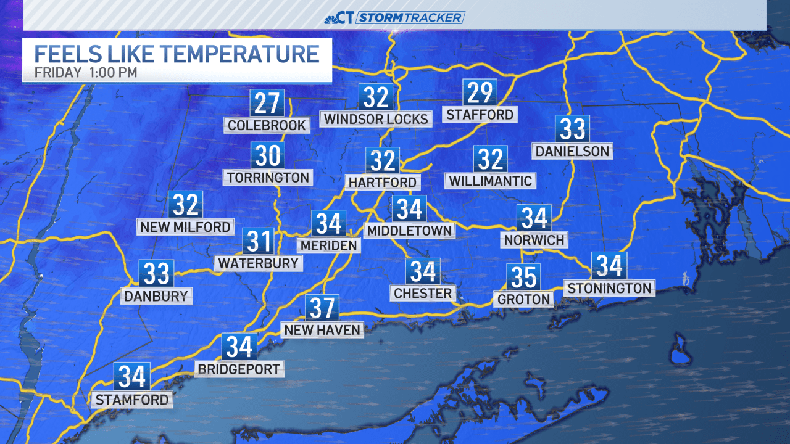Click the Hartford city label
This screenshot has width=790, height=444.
click(383, 183)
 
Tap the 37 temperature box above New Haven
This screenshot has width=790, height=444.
click(322, 308)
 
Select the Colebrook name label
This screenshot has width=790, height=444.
click(267, 126)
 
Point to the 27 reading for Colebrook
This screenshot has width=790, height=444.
click(267, 103)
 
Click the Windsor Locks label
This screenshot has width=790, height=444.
click(376, 119)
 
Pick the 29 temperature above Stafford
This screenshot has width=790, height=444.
click(480, 93)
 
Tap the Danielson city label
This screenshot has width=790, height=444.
click(572, 151)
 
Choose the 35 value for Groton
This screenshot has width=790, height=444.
click(524, 277)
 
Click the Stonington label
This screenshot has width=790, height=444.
click(609, 289)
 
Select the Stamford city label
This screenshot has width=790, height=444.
click(131, 400)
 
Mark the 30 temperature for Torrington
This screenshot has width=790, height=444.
click(267, 156)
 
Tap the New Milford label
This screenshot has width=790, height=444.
click(185, 227)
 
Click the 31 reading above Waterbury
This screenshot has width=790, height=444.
click(258, 241)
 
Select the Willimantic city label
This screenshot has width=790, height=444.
click(490, 181)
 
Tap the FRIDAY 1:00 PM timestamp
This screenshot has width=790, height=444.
click(86, 72)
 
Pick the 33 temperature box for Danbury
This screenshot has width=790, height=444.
click(156, 273)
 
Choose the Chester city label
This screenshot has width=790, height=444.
click(423, 294)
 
